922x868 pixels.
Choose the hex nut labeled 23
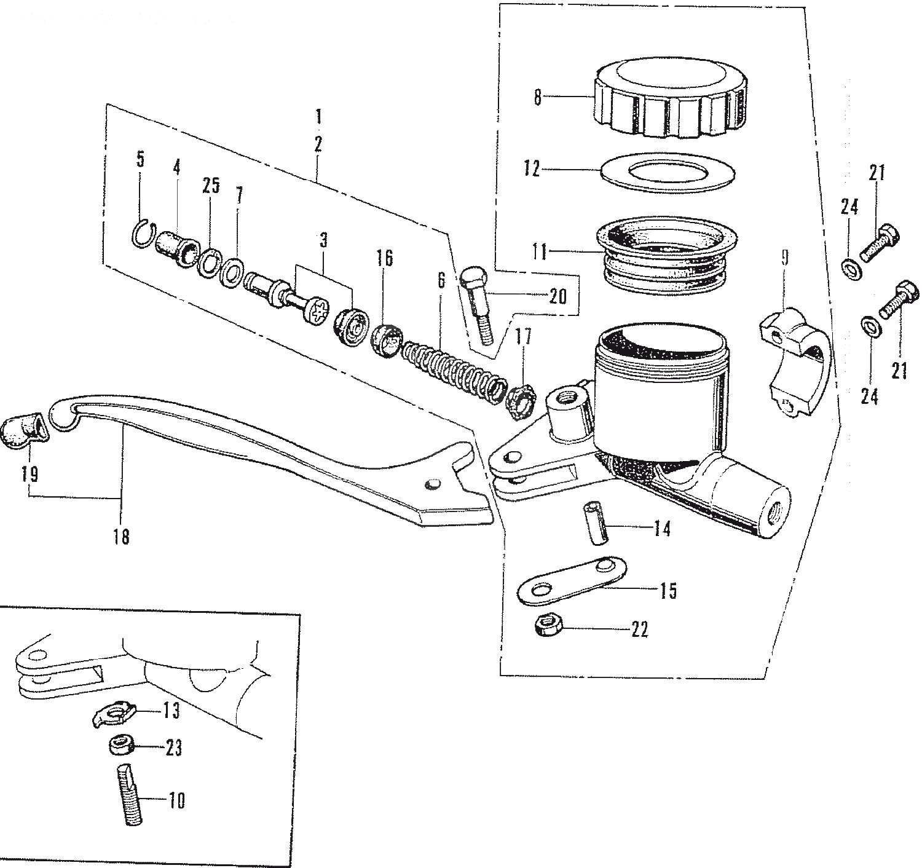coord(122,747)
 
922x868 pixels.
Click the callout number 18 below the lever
coord(121,538)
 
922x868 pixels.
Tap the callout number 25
coord(210,186)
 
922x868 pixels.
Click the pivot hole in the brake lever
coord(431,484)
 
